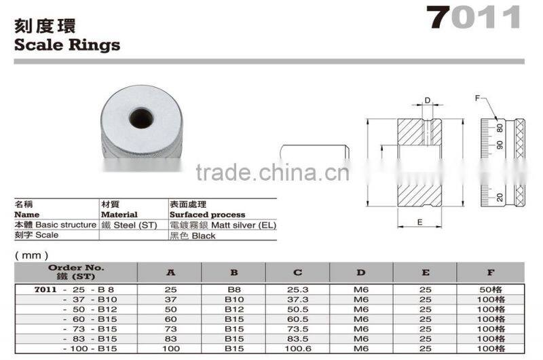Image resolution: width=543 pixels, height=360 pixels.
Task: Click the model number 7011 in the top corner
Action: coord(474,18)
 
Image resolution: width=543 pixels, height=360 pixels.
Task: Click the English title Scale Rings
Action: coord(67,46)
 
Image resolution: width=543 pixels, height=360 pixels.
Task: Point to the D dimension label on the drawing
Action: coord(427,101)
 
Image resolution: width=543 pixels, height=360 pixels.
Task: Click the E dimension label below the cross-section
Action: coord(420,222)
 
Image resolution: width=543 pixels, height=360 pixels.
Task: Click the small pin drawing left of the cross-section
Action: coord(314,149)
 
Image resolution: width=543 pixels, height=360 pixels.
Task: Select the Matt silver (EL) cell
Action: coord(223,225)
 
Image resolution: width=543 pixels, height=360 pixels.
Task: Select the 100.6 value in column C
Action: coord(297,348)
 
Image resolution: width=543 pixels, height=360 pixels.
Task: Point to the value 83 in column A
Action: coord(170,338)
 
